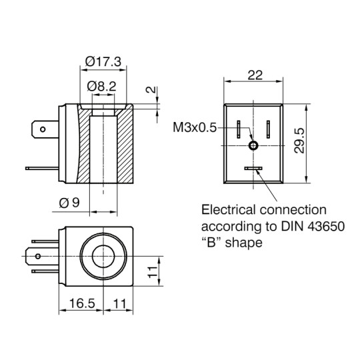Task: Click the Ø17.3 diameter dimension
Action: pos(103,62)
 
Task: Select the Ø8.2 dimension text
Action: pos(103,86)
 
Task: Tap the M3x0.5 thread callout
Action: pos(195,127)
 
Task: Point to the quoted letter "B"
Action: pos(211,243)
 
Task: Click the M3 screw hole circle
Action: pos(253,146)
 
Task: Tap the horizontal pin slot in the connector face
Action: pos(253,169)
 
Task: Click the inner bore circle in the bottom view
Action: pos(103,255)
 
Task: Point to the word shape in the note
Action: pos(244,243)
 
